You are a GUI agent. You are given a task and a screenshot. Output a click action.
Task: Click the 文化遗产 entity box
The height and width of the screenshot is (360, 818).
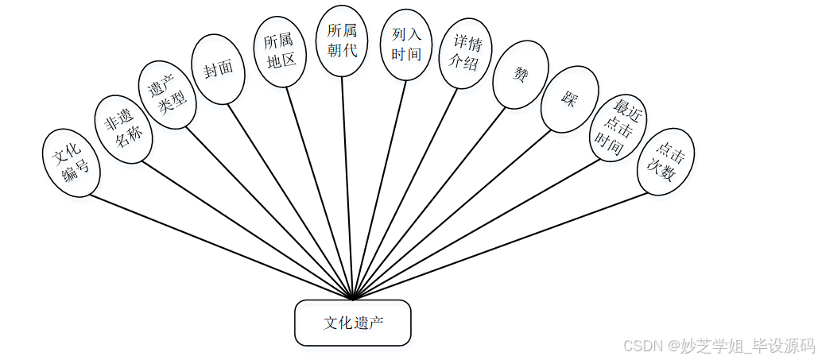coord(353,323)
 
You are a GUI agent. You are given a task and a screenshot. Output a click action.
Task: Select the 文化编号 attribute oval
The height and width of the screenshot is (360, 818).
coord(71,162)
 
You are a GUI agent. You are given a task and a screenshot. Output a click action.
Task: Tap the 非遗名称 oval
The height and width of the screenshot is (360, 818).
coord(122,130)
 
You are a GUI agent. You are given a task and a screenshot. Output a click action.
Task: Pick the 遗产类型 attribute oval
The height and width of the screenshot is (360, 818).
coord(167,96)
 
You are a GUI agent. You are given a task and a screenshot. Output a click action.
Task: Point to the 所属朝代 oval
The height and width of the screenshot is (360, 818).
coord(343,41)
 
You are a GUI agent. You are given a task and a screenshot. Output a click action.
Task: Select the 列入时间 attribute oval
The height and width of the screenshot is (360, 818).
coord(405,45)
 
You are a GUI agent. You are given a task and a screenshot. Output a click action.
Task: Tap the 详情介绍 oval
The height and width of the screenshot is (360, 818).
coord(467,52)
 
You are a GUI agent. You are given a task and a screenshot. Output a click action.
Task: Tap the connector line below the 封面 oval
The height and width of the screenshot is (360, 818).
coord(286,198)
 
